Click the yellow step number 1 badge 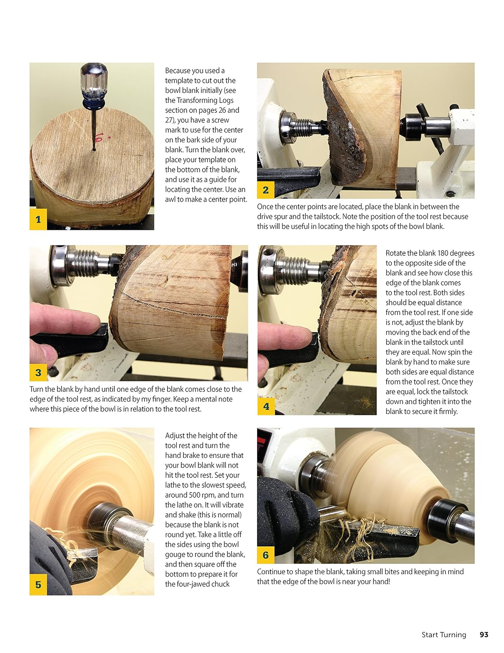(x=38, y=219)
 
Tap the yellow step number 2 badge (x=265, y=189)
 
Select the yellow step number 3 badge (x=38, y=372)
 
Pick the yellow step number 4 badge (x=266, y=407)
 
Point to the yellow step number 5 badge (x=38, y=584)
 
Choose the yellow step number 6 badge (x=265, y=555)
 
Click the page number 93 (x=484, y=635)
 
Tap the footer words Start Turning (x=444, y=635)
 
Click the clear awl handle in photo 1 (x=93, y=78)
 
